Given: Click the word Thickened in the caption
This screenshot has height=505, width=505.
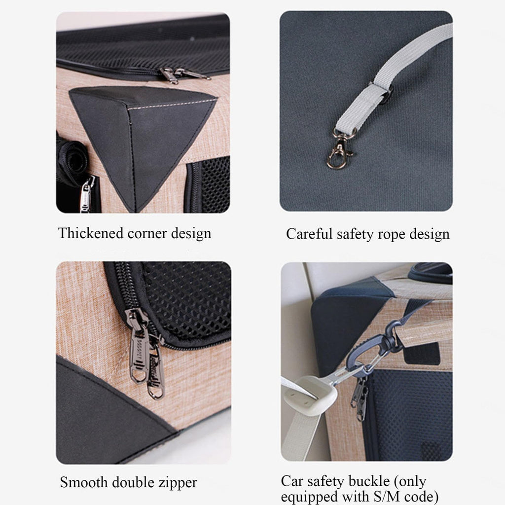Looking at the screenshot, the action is (91, 233).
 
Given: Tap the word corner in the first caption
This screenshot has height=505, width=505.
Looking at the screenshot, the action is (147, 234).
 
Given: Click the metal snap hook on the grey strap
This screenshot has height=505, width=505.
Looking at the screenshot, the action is (340, 149).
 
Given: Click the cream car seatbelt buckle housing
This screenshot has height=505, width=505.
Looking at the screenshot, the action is (310, 395).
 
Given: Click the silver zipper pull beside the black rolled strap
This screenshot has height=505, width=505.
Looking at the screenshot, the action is (86, 195).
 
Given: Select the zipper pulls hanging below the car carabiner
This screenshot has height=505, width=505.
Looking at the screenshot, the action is (361, 398).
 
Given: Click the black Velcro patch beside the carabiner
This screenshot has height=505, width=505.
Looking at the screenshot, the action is (422, 353).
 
